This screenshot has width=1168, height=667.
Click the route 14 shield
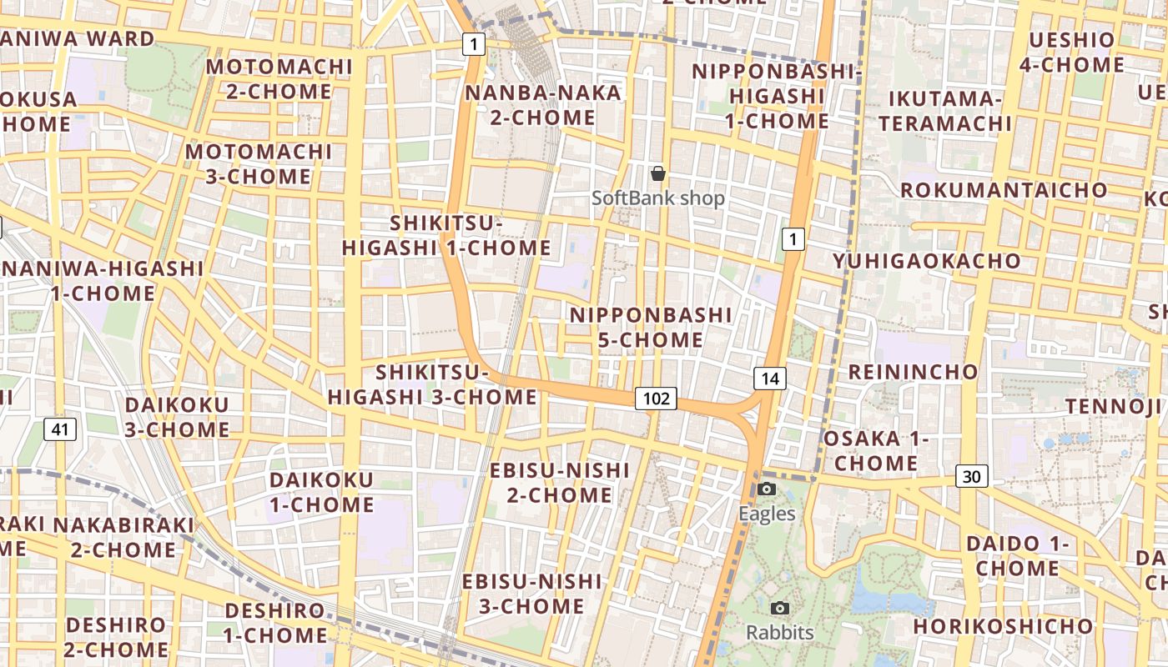(770, 379)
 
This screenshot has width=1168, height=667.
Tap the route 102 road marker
(656, 399)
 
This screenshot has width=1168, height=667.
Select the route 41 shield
(59, 429)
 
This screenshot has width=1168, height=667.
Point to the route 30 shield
(971, 476)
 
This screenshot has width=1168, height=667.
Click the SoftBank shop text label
(658, 198)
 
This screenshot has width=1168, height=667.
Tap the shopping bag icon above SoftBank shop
(658, 173)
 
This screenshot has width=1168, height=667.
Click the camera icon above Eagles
(767, 489)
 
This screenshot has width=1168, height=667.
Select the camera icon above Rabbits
(780, 608)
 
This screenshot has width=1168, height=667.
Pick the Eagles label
(767, 514)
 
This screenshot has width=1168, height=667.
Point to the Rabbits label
(780, 633)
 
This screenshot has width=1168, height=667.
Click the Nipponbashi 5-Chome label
(651, 328)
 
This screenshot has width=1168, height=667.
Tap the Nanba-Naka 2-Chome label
(543, 105)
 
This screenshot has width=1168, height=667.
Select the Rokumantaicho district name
(1004, 190)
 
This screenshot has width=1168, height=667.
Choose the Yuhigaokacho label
(927, 261)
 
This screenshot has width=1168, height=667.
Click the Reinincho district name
(913, 372)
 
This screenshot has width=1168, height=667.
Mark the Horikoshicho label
(1003, 626)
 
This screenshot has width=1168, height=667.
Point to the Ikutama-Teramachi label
(944, 112)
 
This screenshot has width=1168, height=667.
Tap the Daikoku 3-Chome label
(177, 417)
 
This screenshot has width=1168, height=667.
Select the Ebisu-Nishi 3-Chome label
(532, 593)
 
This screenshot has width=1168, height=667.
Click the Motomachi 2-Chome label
(279, 79)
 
